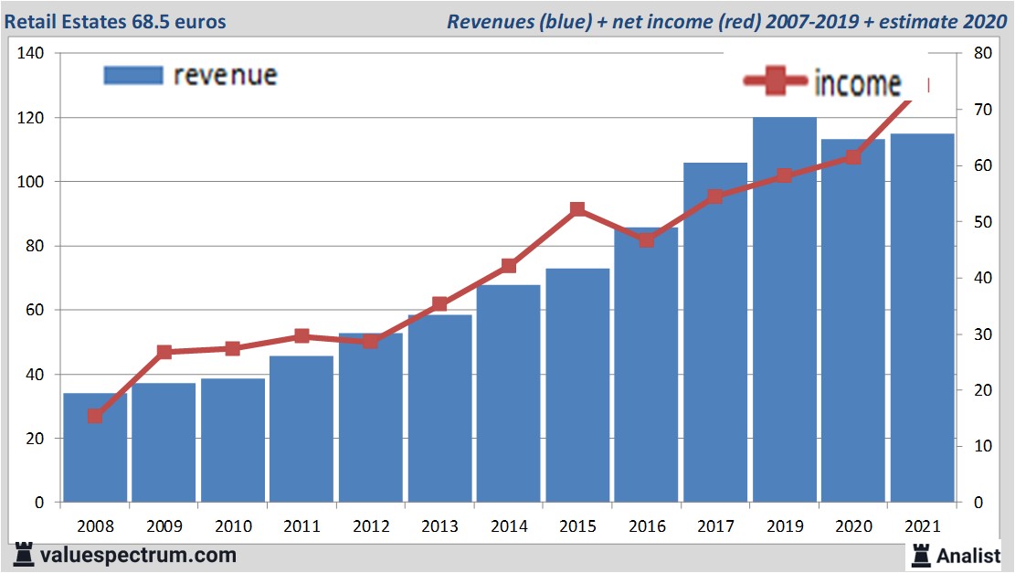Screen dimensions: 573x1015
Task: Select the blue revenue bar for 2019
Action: pyautogui.click(x=784, y=311)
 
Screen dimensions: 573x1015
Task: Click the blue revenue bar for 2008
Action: pyautogui.click(x=95, y=448)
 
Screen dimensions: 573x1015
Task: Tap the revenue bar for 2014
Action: pyautogui.click(x=508, y=393)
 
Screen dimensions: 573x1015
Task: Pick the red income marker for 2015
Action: pyautogui.click(x=577, y=209)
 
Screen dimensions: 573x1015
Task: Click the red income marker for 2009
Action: pyautogui.click(x=164, y=352)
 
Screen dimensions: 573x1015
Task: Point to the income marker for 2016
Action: pyautogui.click(x=646, y=239)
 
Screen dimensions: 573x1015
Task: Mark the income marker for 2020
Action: pyautogui.click(x=852, y=156)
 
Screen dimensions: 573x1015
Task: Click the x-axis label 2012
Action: pyautogui.click(x=370, y=527)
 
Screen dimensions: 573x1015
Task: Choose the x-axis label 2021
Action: pyautogui.click(x=922, y=527)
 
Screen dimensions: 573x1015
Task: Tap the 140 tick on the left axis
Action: pyautogui.click(x=31, y=54)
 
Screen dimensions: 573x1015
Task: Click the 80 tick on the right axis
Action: pyautogui.click(x=982, y=54)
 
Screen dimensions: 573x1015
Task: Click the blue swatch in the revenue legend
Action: pyautogui.click(x=133, y=74)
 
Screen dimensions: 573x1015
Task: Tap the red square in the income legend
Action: pyautogui.click(x=775, y=82)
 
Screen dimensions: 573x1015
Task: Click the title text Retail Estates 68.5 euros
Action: pyautogui.click(x=118, y=21)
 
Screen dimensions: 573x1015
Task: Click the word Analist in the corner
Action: pyautogui.click(x=968, y=555)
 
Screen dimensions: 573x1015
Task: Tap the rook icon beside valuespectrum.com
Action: pyautogui.click(x=24, y=554)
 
